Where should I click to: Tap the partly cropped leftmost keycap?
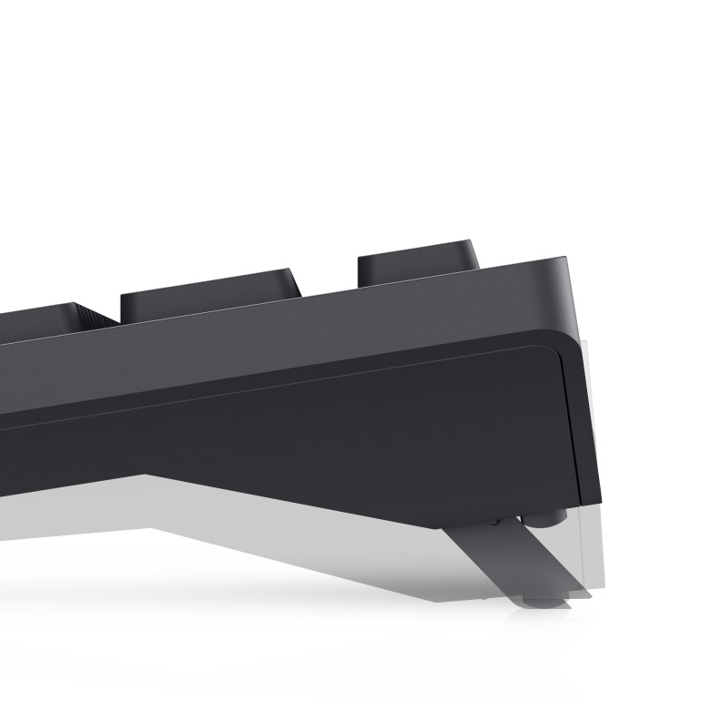pos(36,315)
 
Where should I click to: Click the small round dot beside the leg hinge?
pos(495,522)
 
